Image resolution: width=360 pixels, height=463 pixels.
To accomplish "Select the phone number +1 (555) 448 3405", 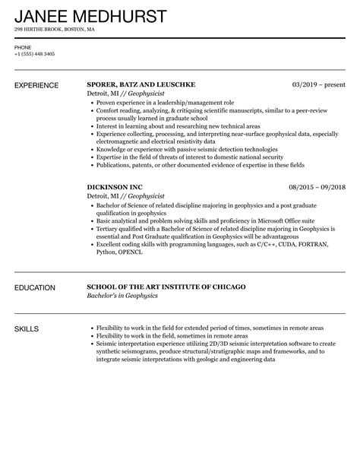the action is (34, 55).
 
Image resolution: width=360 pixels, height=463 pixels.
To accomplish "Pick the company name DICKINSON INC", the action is (115, 186).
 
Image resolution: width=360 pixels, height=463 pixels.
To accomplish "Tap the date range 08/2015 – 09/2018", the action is (317, 186).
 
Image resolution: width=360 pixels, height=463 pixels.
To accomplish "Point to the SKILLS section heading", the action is (27, 328).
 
